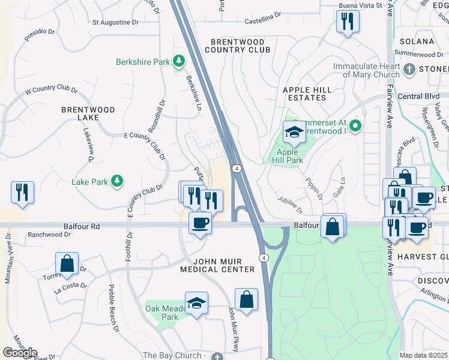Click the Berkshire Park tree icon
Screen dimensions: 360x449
pyautogui.click(x=178, y=61)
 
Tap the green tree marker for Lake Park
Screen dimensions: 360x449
pyautogui.click(x=117, y=181)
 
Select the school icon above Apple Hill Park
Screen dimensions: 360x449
pyautogui.click(x=295, y=133)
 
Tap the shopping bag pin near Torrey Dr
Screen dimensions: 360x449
pyautogui.click(x=67, y=263)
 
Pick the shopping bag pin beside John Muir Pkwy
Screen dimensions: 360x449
pyautogui.click(x=246, y=299)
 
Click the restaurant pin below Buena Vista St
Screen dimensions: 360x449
pyautogui.click(x=348, y=22)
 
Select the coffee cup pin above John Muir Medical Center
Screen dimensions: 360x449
pyautogui.click(x=200, y=223)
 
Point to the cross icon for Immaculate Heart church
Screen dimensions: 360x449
pyautogui.click(x=409, y=70)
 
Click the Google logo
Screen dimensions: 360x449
pyautogui.click(x=20, y=353)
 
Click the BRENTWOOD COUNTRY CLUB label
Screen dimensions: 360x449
pyautogui.click(x=238, y=46)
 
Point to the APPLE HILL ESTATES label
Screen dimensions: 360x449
pyautogui.click(x=307, y=93)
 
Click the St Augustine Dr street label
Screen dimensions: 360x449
pyautogui.click(x=115, y=22)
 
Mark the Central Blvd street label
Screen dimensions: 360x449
pyautogui.click(x=418, y=96)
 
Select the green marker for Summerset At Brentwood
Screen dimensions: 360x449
pyautogui.click(x=355, y=126)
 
